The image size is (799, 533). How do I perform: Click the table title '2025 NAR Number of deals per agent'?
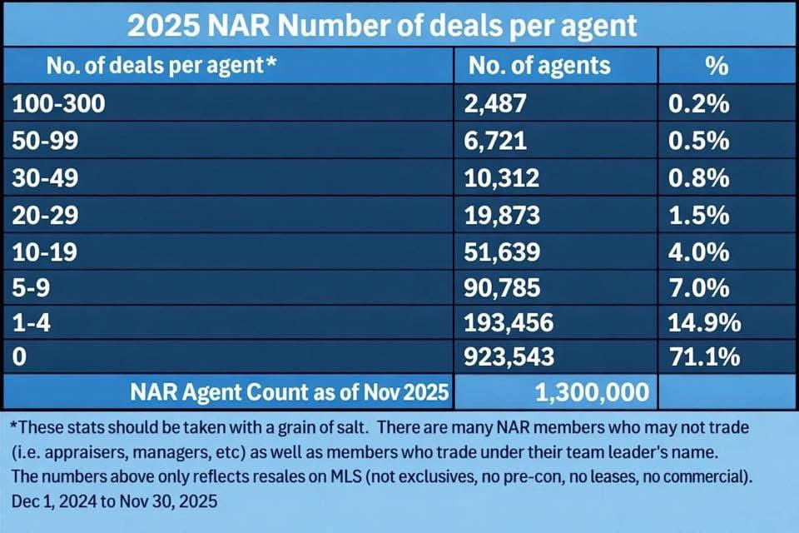click(x=381, y=26)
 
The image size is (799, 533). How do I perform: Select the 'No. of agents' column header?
click(x=539, y=65)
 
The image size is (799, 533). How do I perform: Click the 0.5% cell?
click(x=699, y=141)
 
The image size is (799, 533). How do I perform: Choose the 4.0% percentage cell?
click(x=699, y=252)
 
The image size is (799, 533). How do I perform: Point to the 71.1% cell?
click(x=704, y=358)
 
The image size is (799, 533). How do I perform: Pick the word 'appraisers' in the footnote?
click(x=79, y=452)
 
